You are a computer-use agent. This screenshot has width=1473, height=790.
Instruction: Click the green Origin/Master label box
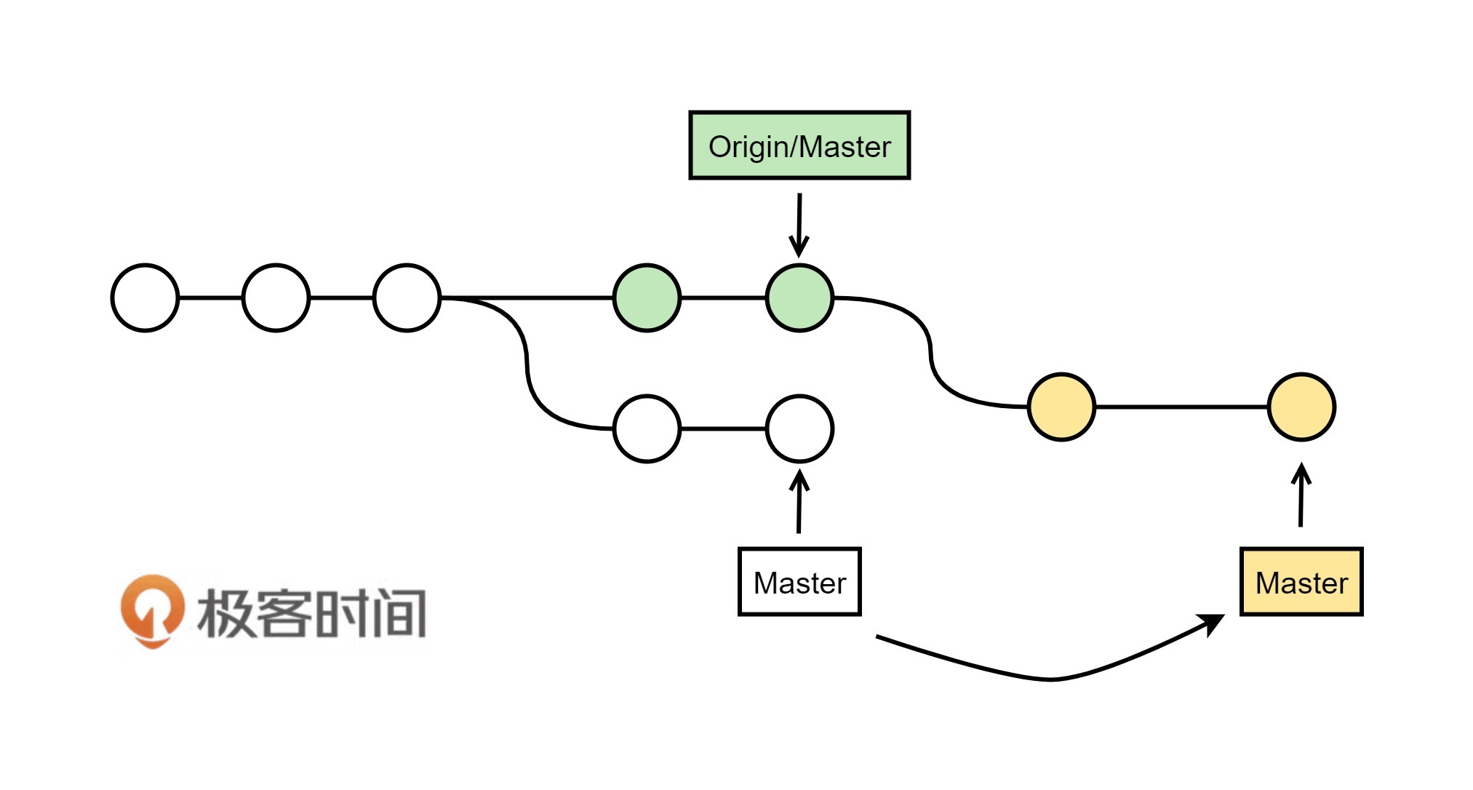(x=799, y=145)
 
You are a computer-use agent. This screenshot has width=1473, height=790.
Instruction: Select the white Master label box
(x=799, y=582)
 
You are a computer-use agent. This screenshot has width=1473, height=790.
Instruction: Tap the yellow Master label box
(x=1301, y=582)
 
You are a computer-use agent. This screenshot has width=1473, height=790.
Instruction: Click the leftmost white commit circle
(x=145, y=298)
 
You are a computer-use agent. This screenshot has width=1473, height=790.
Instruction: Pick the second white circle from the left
(x=276, y=298)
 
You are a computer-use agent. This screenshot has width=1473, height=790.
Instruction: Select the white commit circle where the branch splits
(x=407, y=298)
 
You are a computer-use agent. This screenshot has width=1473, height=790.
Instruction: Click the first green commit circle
(x=647, y=298)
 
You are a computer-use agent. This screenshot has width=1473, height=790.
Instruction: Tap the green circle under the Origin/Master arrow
(x=799, y=298)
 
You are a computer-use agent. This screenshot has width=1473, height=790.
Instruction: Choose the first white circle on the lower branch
(x=647, y=428)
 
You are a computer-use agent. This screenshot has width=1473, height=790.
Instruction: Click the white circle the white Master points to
(x=799, y=428)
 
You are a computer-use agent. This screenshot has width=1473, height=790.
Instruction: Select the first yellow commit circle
(x=1061, y=407)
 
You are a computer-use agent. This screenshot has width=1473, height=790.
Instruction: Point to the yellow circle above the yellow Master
(x=1301, y=407)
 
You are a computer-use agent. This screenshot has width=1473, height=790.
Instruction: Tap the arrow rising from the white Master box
(x=799, y=502)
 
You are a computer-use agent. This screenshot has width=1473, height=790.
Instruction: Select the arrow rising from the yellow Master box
(x=1301, y=495)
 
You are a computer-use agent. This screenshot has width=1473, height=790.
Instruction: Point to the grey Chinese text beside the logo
(x=311, y=613)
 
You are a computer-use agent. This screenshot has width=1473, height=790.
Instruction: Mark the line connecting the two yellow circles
(x=1181, y=407)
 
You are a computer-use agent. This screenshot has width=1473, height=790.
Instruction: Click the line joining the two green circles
(x=723, y=298)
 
